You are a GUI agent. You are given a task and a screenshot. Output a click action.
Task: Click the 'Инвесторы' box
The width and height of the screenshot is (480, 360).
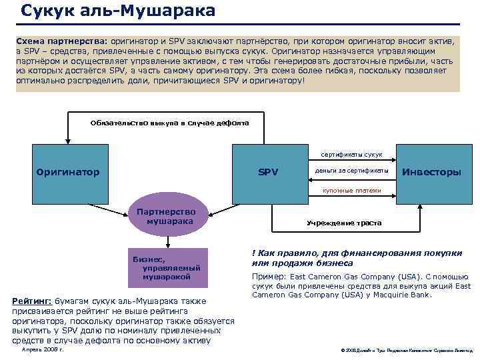(430, 172)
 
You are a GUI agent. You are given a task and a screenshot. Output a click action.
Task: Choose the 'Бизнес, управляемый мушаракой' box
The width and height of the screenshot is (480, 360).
(166, 267)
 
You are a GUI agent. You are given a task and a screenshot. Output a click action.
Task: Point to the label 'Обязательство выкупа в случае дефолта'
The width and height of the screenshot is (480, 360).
(169, 123)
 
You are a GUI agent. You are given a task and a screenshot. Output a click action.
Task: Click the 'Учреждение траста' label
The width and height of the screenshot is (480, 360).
(344, 223)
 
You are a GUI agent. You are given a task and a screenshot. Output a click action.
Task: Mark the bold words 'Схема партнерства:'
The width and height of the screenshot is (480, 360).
(63, 41)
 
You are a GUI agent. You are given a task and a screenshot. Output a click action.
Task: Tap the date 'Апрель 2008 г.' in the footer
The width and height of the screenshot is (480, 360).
(43, 349)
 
